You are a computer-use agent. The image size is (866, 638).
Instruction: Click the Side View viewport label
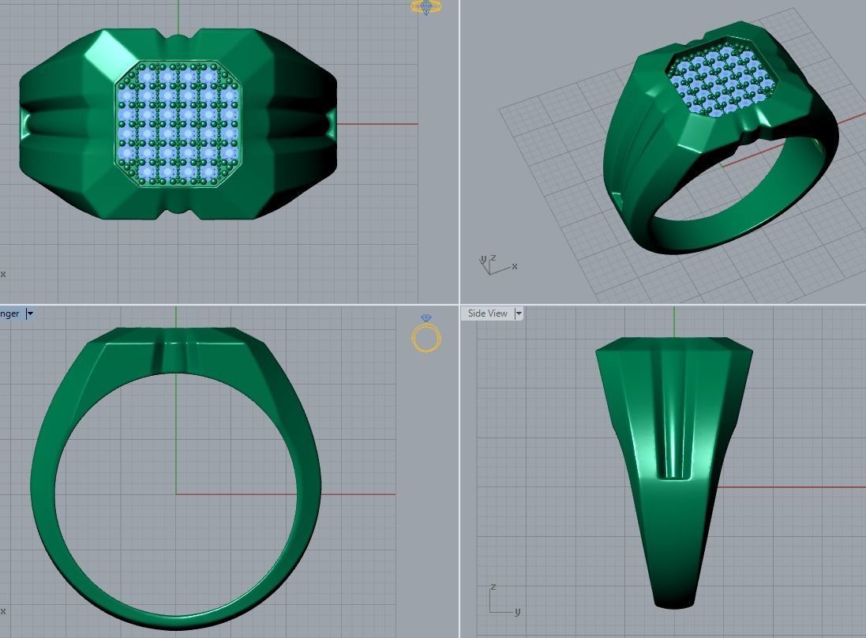487,313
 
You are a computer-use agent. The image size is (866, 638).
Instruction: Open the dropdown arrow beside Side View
519,313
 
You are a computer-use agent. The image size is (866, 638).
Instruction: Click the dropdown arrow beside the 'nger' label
30,313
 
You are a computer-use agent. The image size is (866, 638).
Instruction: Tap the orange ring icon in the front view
426,335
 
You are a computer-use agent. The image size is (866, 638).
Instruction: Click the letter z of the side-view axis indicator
493,588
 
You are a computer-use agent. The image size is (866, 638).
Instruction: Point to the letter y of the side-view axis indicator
517,611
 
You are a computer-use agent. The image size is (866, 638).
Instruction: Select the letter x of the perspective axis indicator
515,266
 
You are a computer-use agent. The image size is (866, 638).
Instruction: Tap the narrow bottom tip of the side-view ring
673,603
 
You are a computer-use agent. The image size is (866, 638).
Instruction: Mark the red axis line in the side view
789,487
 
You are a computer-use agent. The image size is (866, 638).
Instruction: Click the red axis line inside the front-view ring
237,494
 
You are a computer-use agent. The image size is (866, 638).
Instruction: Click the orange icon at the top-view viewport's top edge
426,7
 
